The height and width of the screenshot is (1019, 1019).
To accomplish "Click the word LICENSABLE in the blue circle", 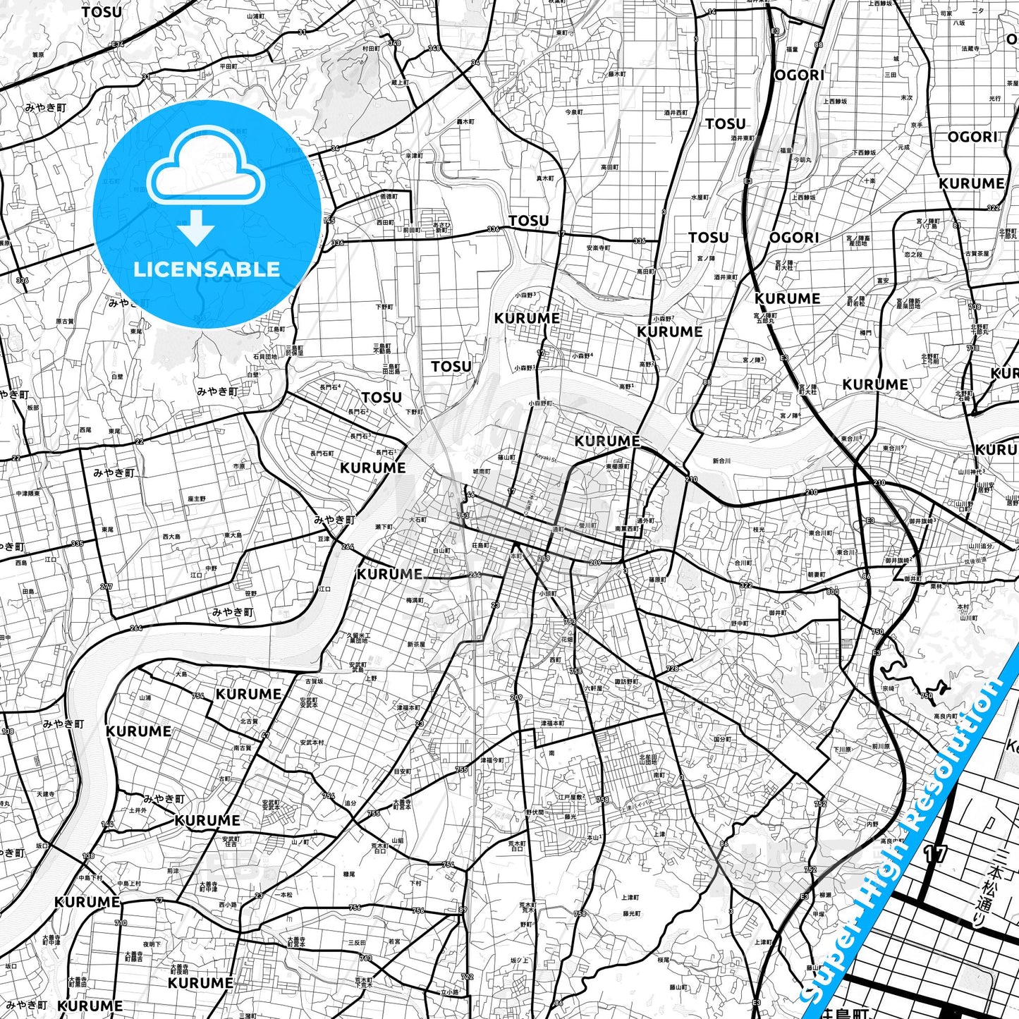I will (x=206, y=269).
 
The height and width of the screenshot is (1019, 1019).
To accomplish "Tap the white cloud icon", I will (x=206, y=173).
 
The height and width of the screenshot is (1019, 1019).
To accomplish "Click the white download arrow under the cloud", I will (x=196, y=228).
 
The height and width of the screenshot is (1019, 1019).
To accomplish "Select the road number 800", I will (x=833, y=592).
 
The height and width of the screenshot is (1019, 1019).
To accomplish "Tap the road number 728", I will (x=672, y=669).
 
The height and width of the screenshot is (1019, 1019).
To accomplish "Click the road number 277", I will (x=106, y=587).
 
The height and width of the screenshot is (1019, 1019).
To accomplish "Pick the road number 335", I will (x=78, y=544).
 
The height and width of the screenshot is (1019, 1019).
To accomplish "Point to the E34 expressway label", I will (x=117, y=44).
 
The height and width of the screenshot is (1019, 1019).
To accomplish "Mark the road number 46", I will (x=470, y=496).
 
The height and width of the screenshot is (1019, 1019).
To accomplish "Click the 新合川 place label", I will (x=721, y=461).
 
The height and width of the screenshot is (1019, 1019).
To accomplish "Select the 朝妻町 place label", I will (x=816, y=575).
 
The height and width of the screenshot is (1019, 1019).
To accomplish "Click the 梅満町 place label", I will (x=415, y=600).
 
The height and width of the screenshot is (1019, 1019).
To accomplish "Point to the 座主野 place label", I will (x=197, y=499).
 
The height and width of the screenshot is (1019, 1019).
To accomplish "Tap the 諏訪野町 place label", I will (x=626, y=681).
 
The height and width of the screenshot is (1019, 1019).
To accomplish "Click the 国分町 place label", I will (x=722, y=740).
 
